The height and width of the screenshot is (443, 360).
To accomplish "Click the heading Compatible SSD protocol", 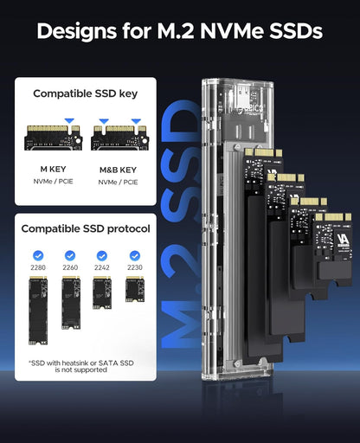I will coord(86,229).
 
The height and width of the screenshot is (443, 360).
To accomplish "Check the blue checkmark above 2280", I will coord(36,255).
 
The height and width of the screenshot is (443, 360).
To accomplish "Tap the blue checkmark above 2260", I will coord(69,255).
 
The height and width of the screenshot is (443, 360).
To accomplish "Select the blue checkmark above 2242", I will coord(102,255).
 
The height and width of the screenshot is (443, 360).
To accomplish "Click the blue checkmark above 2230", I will coord(134,255).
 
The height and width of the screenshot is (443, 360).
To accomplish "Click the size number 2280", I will coord(36,269).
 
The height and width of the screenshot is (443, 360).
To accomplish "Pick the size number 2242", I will coord(102,269).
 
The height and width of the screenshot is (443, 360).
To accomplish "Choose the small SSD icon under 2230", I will coord(134,289).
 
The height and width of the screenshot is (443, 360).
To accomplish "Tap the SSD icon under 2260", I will coord(69,301).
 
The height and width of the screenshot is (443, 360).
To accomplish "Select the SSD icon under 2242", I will coord(102,292).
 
